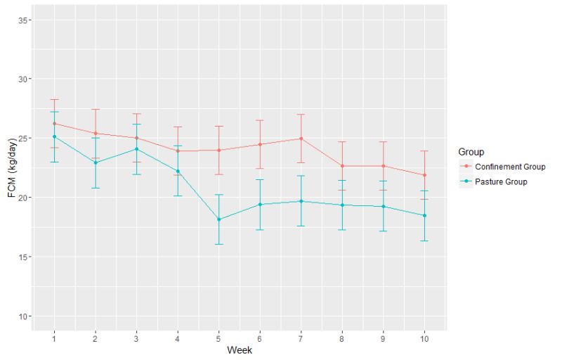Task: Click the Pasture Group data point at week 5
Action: [219, 219]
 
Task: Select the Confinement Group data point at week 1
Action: [55, 123]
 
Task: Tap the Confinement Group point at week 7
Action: [301, 139]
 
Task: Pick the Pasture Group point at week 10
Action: [425, 215]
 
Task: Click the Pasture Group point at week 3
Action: [137, 149]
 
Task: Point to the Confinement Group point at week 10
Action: [425, 175]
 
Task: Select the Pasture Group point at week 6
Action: [260, 205]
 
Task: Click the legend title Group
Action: [471, 151]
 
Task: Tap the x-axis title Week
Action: [240, 350]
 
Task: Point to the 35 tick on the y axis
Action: [23, 20]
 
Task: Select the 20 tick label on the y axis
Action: [23, 198]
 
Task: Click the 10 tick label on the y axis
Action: [23, 316]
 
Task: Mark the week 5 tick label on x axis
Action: [219, 337]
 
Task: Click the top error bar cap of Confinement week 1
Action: [55, 99]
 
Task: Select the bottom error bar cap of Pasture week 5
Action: [219, 244]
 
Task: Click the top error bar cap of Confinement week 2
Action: [96, 109]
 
